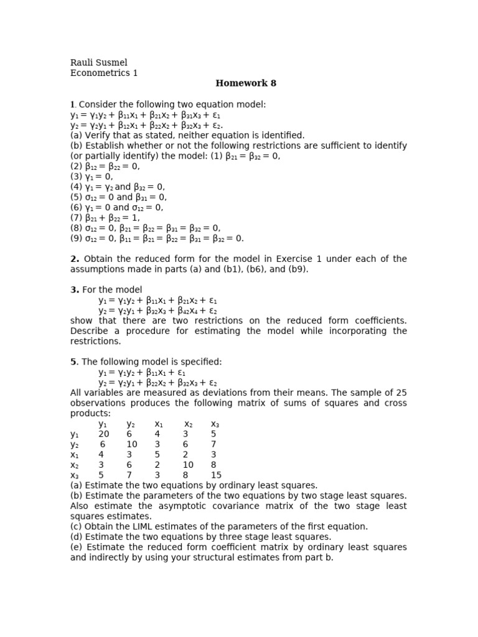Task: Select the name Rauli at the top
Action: point(81,63)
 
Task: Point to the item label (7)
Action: point(77,217)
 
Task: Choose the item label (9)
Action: point(77,238)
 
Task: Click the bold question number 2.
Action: point(75,259)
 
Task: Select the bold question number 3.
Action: point(75,289)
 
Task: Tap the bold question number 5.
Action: point(75,361)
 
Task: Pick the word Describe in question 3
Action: point(91,331)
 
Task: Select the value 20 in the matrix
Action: point(103,434)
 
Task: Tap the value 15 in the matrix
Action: point(216,475)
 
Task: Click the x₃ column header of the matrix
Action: point(215,424)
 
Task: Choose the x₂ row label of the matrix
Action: point(75,465)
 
